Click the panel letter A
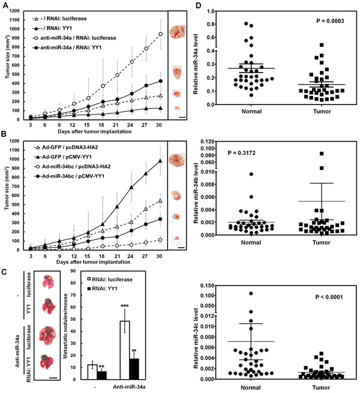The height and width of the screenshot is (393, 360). point(5,5)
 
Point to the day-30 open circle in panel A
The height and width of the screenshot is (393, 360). point(161,34)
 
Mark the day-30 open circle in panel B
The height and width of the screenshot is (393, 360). point(161,239)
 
